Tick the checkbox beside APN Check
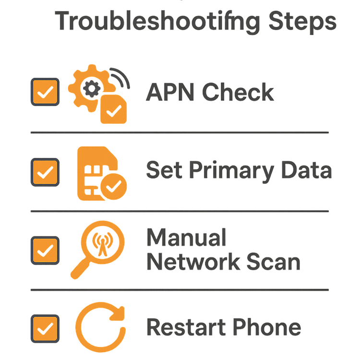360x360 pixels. point(45,92)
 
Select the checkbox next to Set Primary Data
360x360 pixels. point(45,171)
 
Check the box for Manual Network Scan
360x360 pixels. point(45,250)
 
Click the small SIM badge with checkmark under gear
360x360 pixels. point(113,109)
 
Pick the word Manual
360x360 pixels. point(186,238)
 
